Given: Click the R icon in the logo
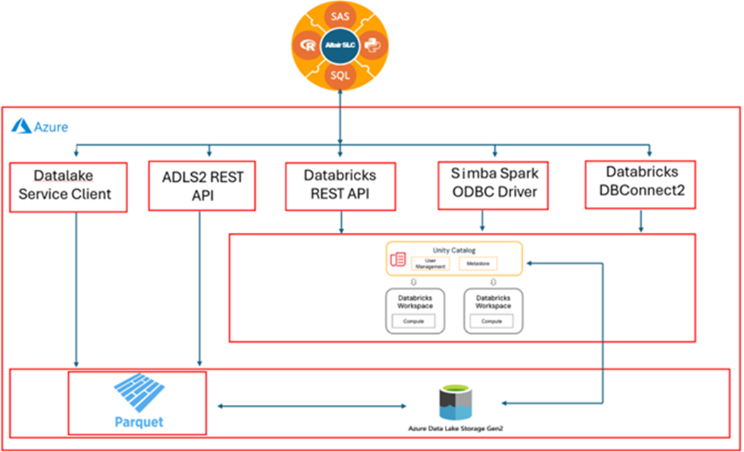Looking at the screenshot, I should click(x=308, y=45).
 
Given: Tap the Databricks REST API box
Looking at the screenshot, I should click(x=340, y=185).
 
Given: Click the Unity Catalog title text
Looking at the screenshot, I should click(x=454, y=250).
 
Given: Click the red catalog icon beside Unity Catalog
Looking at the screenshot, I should click(x=398, y=259).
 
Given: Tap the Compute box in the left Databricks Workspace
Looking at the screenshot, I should click(x=414, y=321).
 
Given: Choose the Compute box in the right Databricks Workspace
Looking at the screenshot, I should click(x=493, y=321).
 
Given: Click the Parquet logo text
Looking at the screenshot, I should click(x=139, y=421).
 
